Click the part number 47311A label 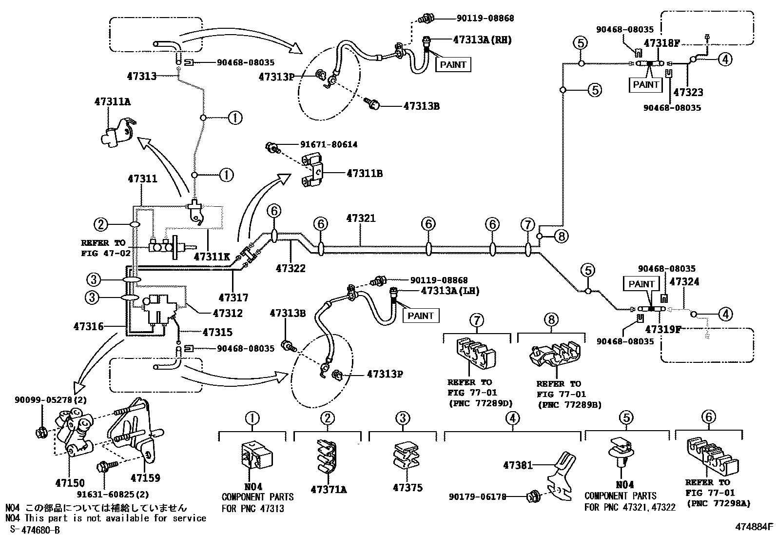112,101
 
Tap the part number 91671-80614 322,144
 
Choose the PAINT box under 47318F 646,84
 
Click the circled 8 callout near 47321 561,237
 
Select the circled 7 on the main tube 527,225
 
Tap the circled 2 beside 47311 100,224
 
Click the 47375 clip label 407,488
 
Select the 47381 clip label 518,465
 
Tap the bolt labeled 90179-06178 532,497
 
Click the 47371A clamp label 329,489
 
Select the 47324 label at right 684,282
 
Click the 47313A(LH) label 450,291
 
